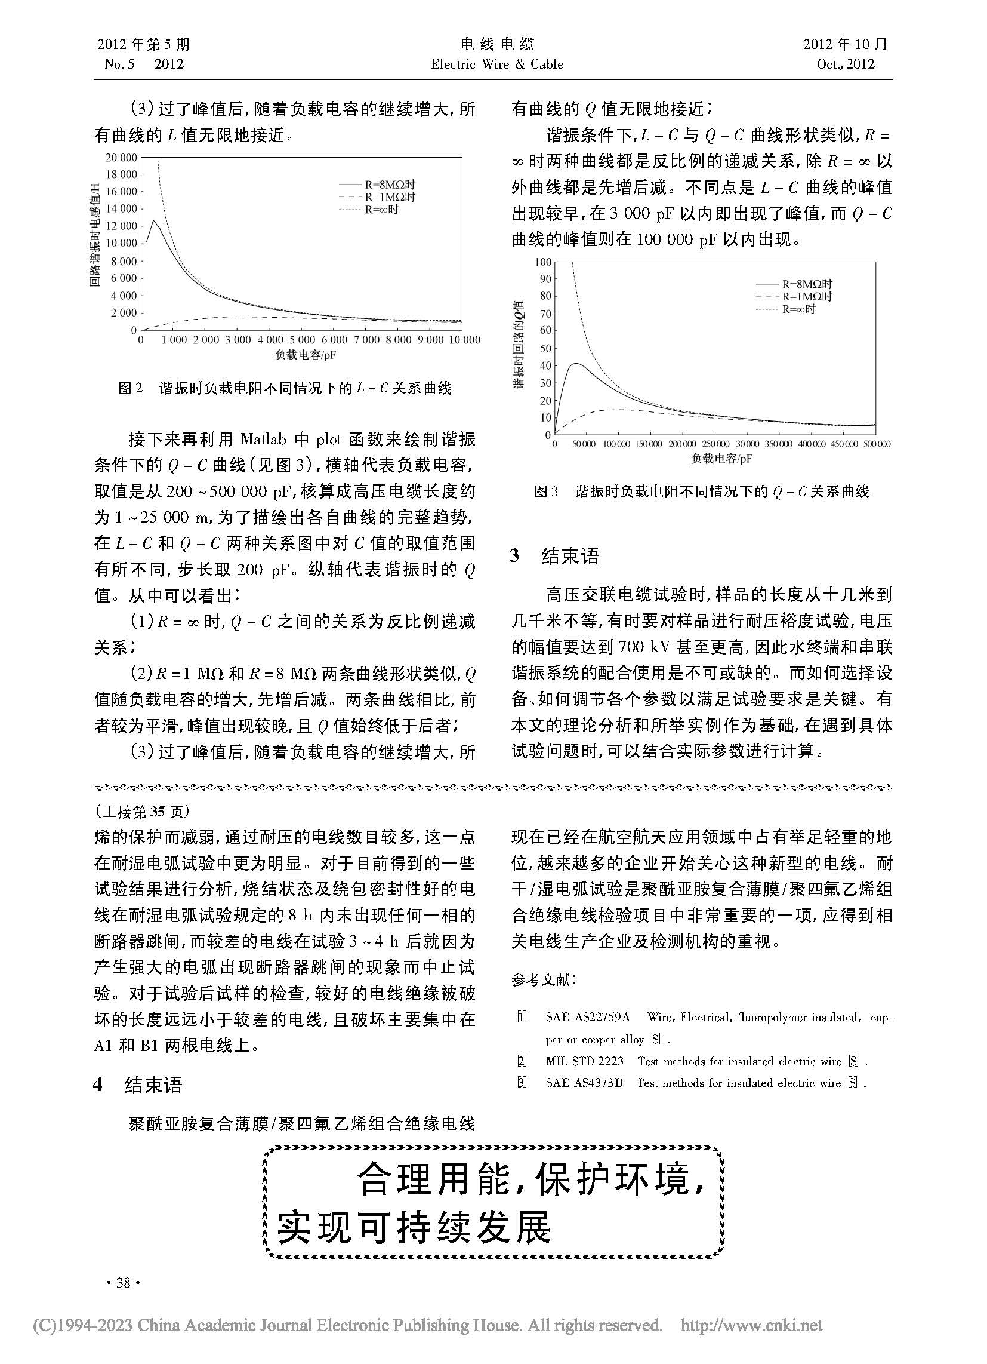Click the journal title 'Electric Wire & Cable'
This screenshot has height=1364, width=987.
tap(497, 64)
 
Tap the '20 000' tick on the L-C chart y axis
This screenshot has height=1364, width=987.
tap(121, 158)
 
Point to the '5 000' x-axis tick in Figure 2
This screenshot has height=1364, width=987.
tap(303, 340)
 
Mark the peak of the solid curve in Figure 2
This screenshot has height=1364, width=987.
tap(154, 221)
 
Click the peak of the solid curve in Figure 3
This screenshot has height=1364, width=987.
tap(576, 363)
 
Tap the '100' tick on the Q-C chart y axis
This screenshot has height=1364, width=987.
tap(543, 262)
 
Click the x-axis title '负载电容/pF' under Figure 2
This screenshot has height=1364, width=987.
tap(306, 355)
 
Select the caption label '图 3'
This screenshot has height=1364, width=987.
tap(546, 492)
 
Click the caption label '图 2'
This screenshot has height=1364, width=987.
tap(131, 388)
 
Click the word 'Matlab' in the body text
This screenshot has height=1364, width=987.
tap(261, 440)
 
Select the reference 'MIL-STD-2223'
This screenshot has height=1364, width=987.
tap(584, 1061)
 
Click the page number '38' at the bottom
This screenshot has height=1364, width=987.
tap(123, 1283)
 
